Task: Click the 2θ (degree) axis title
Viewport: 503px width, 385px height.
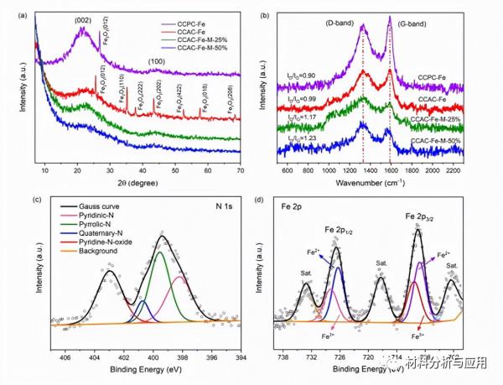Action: [x=138, y=183]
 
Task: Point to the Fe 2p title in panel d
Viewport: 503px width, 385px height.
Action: [x=290, y=211]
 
